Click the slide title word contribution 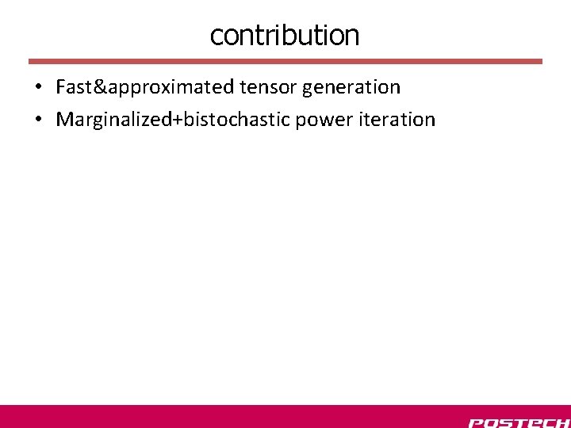point(285,35)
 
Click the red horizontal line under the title point(285,61)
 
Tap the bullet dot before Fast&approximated point(38,87)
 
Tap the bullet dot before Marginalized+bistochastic point(38,120)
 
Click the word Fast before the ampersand point(74,86)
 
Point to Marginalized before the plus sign point(114,120)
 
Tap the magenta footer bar point(238,416)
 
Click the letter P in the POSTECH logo point(477,422)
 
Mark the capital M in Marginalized point(63,120)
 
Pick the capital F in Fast point(60,86)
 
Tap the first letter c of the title point(216,36)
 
